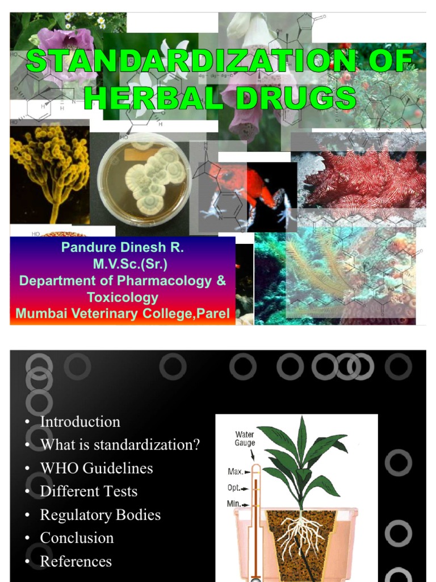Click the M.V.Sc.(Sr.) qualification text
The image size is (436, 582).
click(131, 264)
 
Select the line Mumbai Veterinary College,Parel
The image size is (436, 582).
click(123, 313)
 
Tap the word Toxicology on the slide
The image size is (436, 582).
click(123, 297)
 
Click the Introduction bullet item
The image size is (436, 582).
click(80, 422)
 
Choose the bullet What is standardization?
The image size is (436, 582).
click(120, 445)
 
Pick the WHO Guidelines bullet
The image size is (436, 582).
click(97, 468)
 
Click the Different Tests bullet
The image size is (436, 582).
click(89, 492)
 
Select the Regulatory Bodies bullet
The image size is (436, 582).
click(100, 515)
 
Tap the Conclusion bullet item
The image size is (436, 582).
click(77, 538)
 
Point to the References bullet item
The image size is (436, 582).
click(76, 562)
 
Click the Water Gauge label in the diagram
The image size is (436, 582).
click(245, 439)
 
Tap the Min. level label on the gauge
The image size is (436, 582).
click(237, 504)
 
